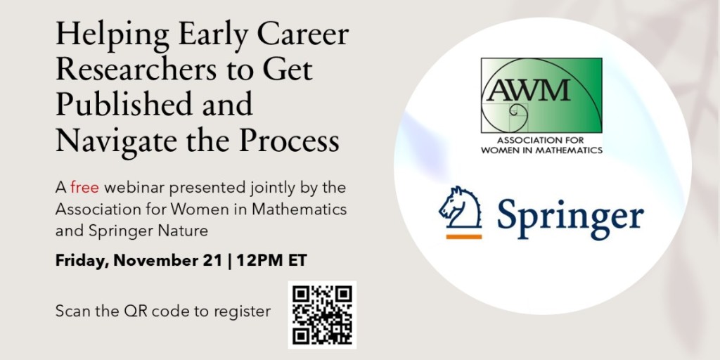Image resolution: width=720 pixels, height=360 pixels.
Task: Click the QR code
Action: (322, 314)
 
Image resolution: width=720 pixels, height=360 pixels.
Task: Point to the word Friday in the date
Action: (80, 261)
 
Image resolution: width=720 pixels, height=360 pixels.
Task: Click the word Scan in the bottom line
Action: (70, 311)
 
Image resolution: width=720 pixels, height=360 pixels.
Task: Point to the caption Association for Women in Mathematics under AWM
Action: (541, 144)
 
